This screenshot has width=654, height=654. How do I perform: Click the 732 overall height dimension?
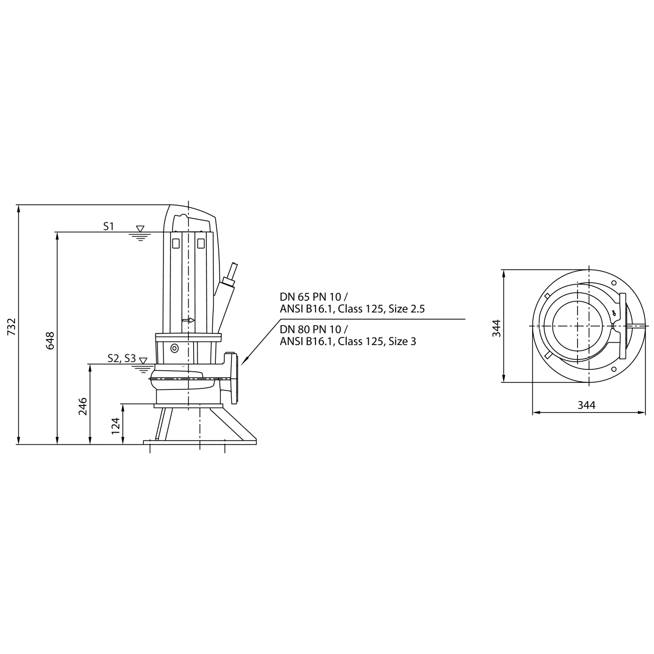point(12,326)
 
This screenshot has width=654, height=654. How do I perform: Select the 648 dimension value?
point(50,341)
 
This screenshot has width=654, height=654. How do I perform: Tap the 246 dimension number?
point(83,406)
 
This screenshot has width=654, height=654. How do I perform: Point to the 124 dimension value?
point(116,426)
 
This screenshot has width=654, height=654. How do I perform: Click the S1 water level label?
point(109,226)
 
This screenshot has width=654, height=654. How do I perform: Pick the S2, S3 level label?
point(122,358)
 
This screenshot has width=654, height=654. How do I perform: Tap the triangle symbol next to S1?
point(140,229)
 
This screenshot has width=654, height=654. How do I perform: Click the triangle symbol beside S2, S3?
point(143,361)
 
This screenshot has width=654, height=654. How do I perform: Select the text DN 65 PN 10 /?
point(313,297)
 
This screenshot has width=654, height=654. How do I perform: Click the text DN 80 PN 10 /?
point(313,329)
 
